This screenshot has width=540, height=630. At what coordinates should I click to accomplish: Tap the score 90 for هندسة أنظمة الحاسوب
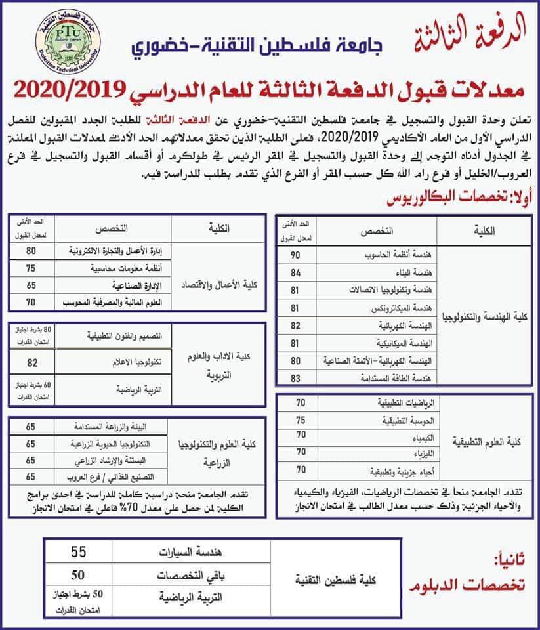point(295,254)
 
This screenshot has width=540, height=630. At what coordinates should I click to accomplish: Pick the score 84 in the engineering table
point(295,272)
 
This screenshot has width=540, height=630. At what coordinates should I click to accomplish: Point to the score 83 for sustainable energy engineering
point(295,379)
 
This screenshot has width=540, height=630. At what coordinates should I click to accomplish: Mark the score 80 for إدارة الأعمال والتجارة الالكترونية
point(30,251)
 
